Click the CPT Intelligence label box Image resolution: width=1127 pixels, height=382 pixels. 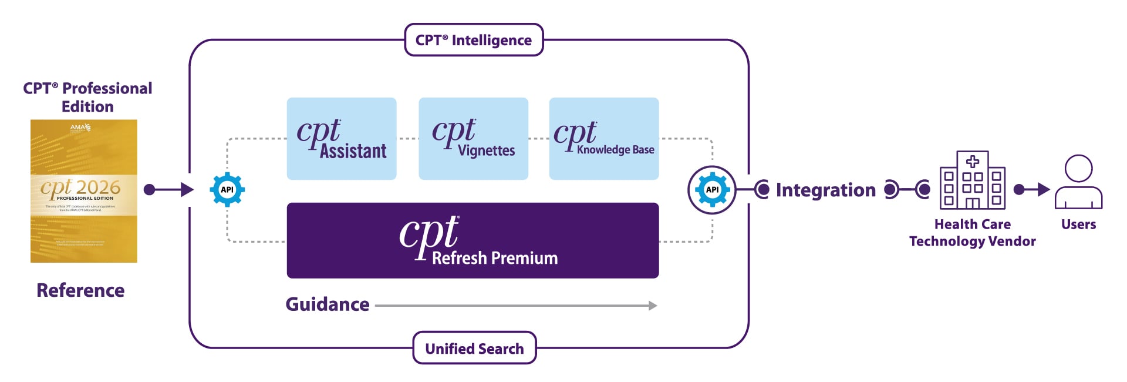pyautogui.click(x=474, y=40)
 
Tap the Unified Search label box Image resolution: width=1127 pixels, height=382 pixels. pyautogui.click(x=474, y=348)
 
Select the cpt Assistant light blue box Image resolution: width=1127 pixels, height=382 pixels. pyautogui.click(x=342, y=139)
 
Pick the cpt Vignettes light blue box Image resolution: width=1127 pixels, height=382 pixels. pyautogui.click(x=473, y=139)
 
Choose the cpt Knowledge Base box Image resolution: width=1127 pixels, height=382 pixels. pyautogui.click(x=604, y=139)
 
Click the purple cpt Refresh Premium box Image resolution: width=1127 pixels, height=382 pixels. pyautogui.click(x=473, y=240)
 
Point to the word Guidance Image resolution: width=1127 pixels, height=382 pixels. pyautogui.click(x=328, y=304)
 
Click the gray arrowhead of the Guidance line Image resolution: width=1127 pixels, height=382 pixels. pyautogui.click(x=653, y=306)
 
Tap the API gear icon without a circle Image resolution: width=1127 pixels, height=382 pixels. pyautogui.click(x=227, y=189)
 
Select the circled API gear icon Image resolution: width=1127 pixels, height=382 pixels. pyautogui.click(x=712, y=189)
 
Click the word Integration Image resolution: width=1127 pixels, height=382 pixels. pyautogui.click(x=825, y=190)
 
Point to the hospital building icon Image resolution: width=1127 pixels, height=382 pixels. pyautogui.click(x=973, y=180)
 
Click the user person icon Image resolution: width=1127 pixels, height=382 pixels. pyautogui.click(x=1078, y=182)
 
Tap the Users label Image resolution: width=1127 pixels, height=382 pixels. pyautogui.click(x=1078, y=224)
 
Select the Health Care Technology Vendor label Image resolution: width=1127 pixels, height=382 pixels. pyautogui.click(x=973, y=233)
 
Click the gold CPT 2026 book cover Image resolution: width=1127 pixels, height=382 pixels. pyautogui.click(x=84, y=191)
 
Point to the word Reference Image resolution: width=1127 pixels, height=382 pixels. pyautogui.click(x=80, y=290)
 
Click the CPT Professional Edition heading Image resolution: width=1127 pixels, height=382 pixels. pyautogui.click(x=87, y=97)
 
